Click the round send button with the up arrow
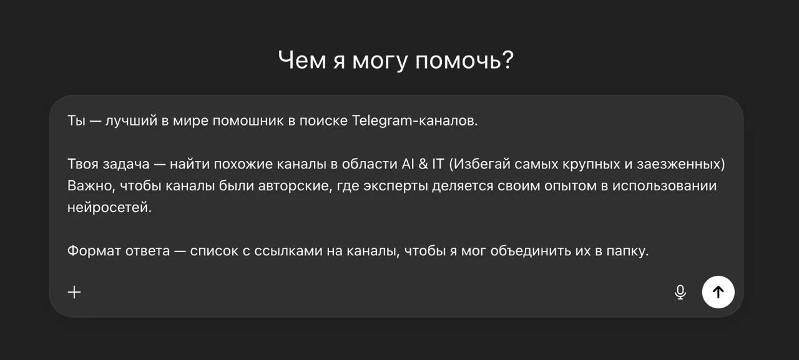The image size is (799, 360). [x=718, y=292]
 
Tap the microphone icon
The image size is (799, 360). [x=680, y=292]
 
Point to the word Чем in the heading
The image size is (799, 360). [x=302, y=61]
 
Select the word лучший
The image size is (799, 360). [x=132, y=121]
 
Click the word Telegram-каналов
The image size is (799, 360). [x=415, y=121]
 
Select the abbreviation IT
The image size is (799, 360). [x=438, y=165]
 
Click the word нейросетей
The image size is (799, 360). [x=109, y=208]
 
